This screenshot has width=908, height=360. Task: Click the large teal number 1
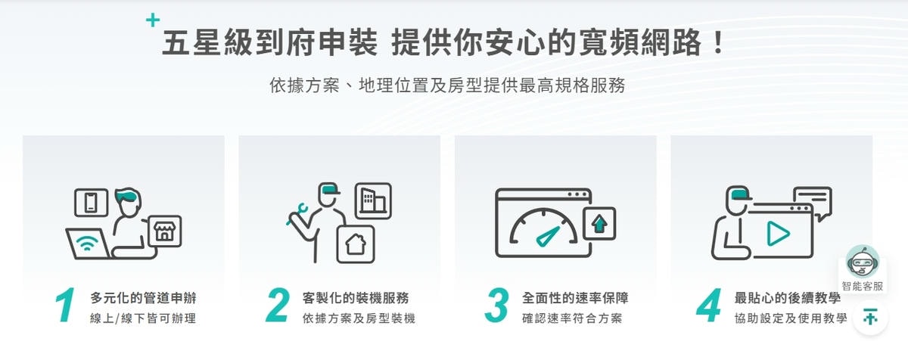click(x=65, y=306)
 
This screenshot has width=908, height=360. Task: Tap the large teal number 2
click(x=278, y=306)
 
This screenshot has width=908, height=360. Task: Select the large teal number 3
click(x=496, y=306)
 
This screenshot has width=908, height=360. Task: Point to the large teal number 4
click(x=710, y=306)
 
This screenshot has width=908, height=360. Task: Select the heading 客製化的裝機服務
click(x=360, y=297)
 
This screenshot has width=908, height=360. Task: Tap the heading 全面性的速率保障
click(x=575, y=297)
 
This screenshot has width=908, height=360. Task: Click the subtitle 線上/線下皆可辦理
click(x=142, y=318)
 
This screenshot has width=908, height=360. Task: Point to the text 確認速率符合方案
click(x=572, y=318)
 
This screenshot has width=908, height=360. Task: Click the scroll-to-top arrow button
click(x=870, y=318)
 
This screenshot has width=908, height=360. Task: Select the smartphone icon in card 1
click(x=92, y=202)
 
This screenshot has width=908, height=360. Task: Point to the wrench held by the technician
click(x=297, y=214)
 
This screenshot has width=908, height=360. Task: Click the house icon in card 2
click(x=355, y=243)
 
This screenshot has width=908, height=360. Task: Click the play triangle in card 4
click(x=776, y=234)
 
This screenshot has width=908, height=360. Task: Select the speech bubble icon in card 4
click(x=812, y=200)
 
